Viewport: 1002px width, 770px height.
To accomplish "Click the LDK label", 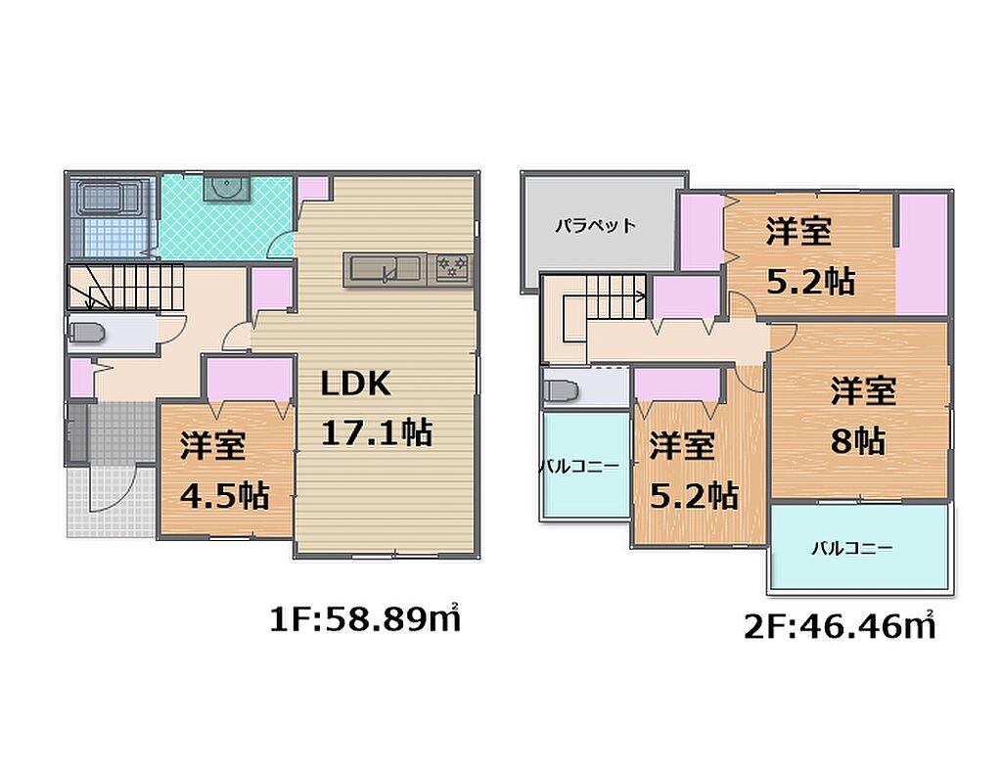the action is pos(355,384).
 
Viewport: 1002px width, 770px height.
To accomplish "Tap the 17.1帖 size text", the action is pos(377,432).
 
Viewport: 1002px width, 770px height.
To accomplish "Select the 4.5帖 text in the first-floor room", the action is pos(224,495).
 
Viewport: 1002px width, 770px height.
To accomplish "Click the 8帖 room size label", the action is pos(857,440).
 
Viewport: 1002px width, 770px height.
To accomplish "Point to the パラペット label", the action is pos(595,226).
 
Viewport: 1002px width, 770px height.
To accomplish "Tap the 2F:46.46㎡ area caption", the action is pos(840,626).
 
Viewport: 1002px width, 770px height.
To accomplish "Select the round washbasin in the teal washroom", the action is pos(226,188).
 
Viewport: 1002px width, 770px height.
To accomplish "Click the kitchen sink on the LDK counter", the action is pos(383,270).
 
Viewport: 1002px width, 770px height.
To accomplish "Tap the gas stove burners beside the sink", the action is pos(454,267).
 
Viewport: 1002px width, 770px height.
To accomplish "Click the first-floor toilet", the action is pos(86,333).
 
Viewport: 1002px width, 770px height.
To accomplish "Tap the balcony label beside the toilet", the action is pos(579,466).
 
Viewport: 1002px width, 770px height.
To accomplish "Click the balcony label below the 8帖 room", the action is pos(852,548).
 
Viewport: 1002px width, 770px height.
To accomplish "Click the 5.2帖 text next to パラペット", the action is pos(810,281).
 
